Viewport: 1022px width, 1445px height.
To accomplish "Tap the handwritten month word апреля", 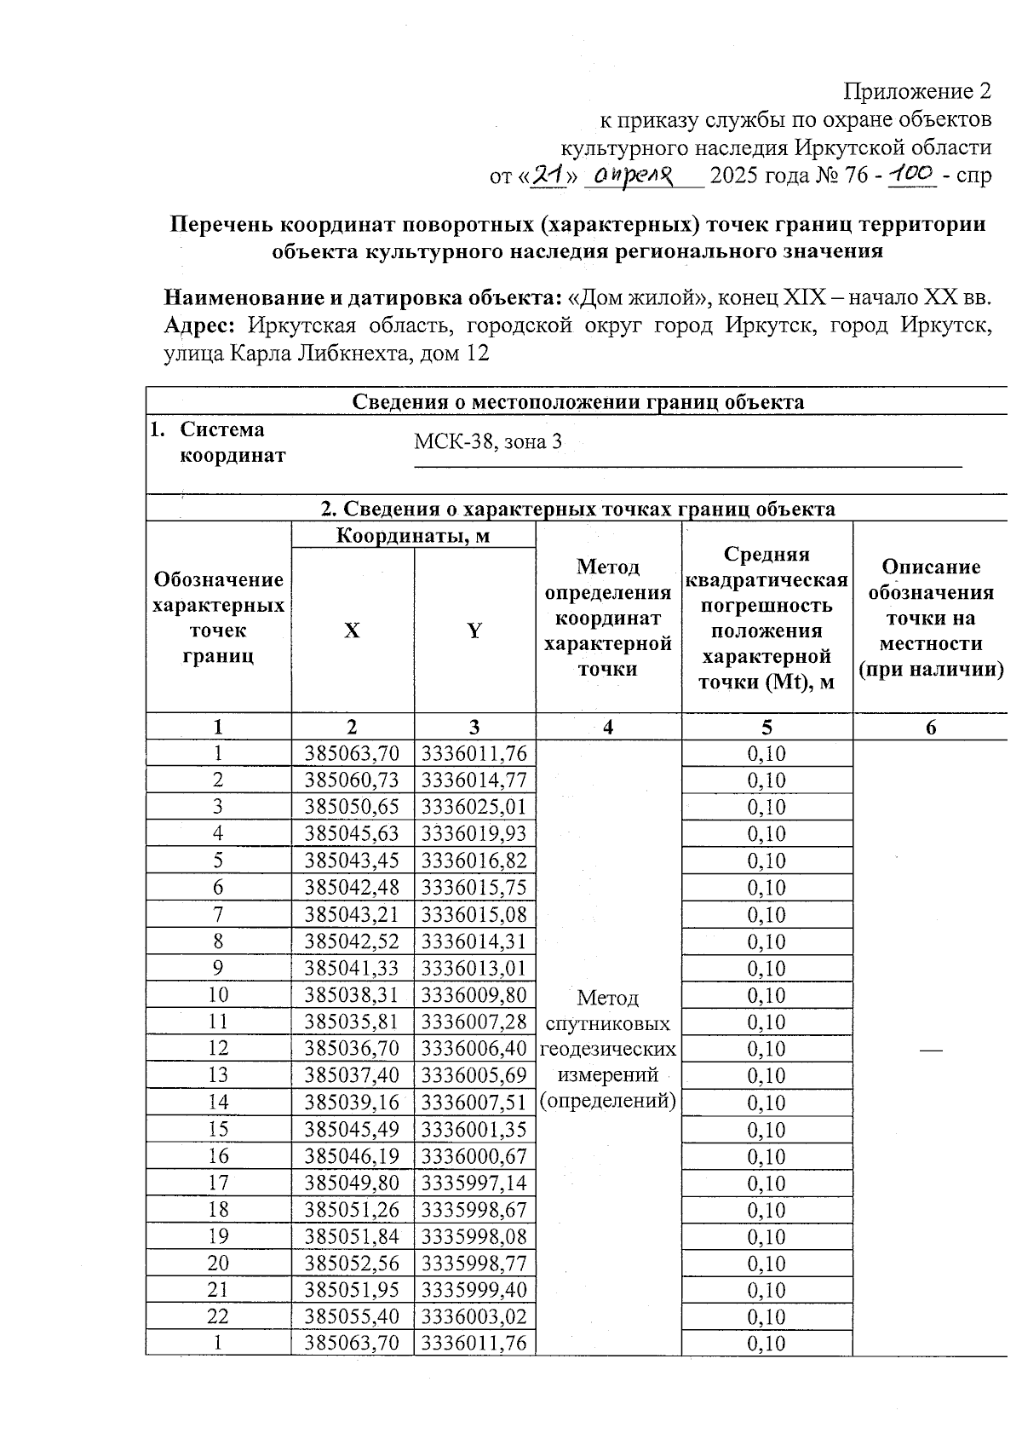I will pos(634,176).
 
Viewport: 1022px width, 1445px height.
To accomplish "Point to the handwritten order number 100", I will pos(912,174).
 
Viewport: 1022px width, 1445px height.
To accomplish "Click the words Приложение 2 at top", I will pos(917,91).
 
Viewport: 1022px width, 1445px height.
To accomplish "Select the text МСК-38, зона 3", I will pos(488,442).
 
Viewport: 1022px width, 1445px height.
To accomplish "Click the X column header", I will pos(352,630).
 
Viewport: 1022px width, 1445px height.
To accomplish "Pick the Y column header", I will pos(474,630).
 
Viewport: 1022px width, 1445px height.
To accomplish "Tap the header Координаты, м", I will pos(413,535).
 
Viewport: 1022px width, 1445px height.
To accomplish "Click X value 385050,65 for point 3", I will pos(352,807).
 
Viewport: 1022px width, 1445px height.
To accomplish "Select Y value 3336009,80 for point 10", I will pos(474,995).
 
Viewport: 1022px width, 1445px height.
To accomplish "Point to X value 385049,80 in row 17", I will pos(352,1183).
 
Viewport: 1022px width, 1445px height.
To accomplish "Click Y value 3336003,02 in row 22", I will pos(474,1317).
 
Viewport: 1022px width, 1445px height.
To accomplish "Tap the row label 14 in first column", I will pos(218,1102).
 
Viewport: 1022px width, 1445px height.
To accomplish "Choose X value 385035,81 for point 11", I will pos(352,1022).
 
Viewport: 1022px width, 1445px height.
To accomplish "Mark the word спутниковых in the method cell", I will pos(607,1023).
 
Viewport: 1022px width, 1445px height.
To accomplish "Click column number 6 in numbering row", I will pos(931,728).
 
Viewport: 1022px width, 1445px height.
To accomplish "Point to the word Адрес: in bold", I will pos(199,325).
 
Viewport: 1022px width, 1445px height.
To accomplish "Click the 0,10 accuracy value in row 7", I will pos(766,915).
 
